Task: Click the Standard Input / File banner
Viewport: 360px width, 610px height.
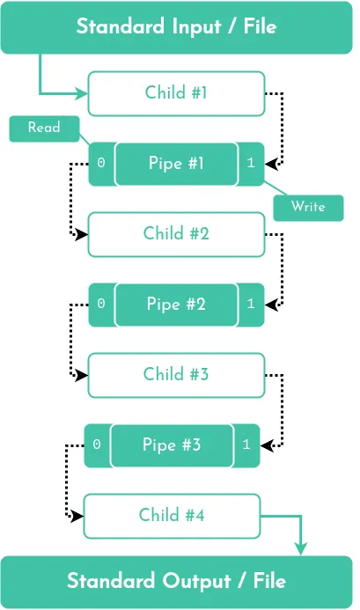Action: click(176, 26)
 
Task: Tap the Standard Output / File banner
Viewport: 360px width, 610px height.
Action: click(176, 582)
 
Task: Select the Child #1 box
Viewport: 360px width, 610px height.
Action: click(176, 93)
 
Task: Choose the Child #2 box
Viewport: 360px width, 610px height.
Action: click(176, 234)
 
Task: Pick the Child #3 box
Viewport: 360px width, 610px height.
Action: click(176, 374)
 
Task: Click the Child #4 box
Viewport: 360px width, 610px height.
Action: click(172, 515)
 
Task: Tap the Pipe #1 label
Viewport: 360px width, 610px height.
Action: click(176, 164)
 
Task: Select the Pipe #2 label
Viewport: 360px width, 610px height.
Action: click(176, 304)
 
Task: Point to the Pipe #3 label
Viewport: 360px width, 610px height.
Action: click(172, 445)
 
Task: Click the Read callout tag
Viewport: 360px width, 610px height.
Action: click(44, 129)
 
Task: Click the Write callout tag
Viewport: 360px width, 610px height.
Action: click(308, 207)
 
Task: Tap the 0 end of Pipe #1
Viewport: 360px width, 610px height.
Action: click(101, 164)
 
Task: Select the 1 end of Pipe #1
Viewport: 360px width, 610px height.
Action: click(251, 164)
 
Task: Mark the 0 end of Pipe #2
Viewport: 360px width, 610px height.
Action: click(101, 304)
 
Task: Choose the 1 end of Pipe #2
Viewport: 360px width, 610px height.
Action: click(251, 304)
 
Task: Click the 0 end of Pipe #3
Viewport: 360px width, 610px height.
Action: click(97, 445)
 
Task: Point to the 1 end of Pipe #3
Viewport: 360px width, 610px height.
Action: click(246, 445)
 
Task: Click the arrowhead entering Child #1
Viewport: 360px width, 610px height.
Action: click(82, 93)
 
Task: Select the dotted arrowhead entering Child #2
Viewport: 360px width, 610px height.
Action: click(82, 235)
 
